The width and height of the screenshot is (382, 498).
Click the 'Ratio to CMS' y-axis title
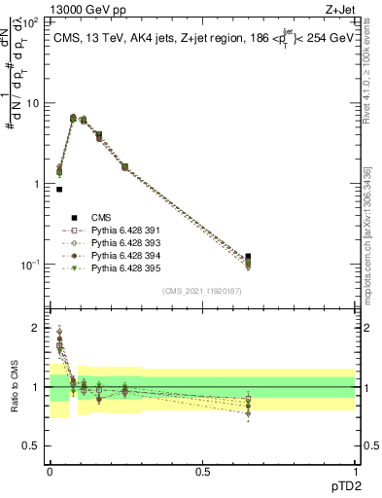pyautogui.click(x=15, y=387)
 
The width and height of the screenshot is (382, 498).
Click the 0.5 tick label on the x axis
pyautogui.click(x=202, y=471)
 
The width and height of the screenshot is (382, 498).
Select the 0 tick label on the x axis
pyautogui.click(x=49, y=471)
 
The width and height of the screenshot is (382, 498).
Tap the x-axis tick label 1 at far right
pyautogui.click(x=355, y=471)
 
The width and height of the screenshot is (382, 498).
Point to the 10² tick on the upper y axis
pyautogui.click(x=31, y=21)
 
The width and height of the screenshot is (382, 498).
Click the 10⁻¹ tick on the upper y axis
pyautogui.click(x=31, y=265)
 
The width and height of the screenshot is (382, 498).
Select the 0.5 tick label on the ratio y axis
pyautogui.click(x=35, y=447)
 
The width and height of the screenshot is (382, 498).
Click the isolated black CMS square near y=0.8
pyautogui.click(x=59, y=190)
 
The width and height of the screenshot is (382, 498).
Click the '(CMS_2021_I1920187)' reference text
pyautogui.click(x=202, y=291)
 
